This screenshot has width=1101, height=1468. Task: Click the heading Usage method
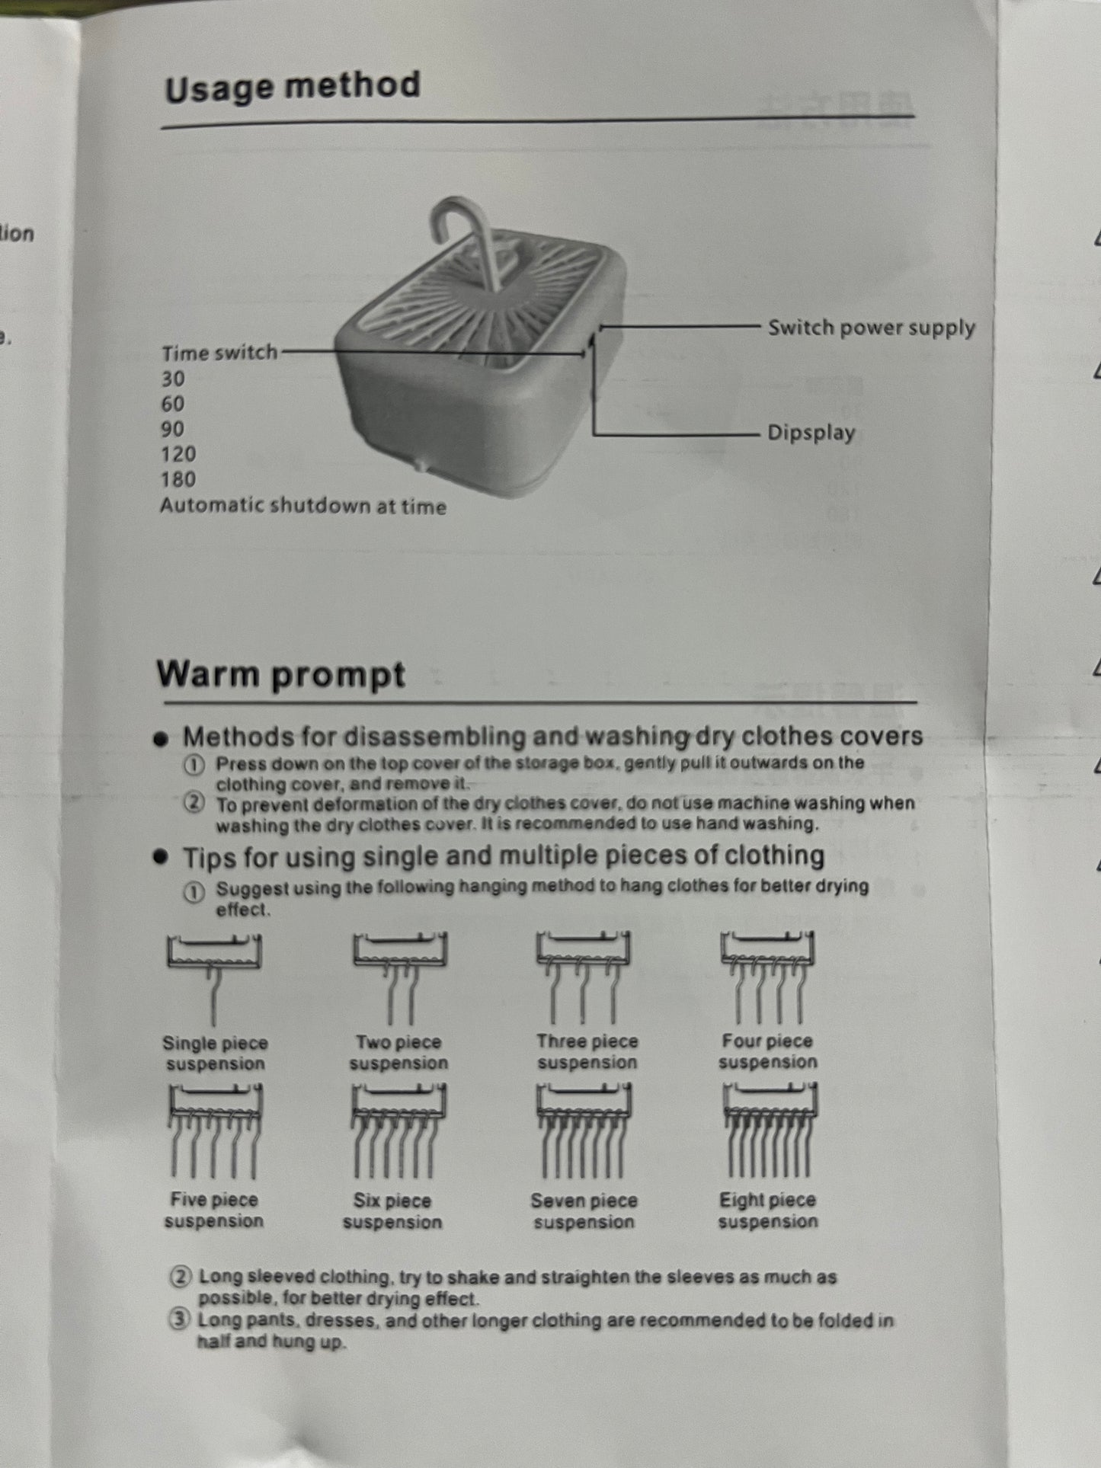tap(293, 86)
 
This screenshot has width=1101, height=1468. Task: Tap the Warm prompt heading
tap(280, 674)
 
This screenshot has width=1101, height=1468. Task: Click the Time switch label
tap(219, 353)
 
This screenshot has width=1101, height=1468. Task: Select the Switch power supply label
tap(872, 328)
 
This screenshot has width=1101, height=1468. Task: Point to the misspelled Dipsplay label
tap(811, 433)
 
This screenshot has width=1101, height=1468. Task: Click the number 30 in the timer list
tap(173, 379)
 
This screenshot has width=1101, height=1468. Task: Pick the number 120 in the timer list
tap(178, 454)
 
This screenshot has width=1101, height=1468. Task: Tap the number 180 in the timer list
tap(178, 479)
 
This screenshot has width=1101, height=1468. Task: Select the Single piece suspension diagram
tap(214, 979)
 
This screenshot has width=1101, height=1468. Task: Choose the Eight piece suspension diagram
tap(769, 1131)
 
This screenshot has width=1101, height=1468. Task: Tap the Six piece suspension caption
tap(392, 1211)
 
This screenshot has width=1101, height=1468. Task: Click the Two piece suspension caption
tap(398, 1052)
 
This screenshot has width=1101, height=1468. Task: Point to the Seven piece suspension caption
tap(584, 1211)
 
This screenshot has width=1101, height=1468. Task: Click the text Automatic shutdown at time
tap(303, 506)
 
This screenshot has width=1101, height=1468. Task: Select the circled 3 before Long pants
tap(179, 1320)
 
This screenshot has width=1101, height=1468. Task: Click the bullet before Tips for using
tap(160, 858)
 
